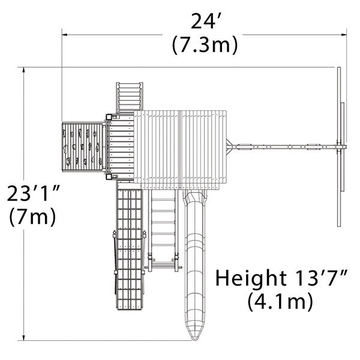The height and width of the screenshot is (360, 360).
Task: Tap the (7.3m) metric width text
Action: click(x=205, y=45)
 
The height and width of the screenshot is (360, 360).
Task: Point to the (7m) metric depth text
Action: click(x=32, y=216)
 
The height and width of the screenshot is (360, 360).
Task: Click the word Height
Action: click(x=251, y=278)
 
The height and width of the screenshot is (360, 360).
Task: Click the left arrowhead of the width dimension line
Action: click(x=65, y=35)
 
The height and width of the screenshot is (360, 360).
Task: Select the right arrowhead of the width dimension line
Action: click(x=344, y=35)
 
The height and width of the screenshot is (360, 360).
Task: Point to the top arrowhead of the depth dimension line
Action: click(x=23, y=70)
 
